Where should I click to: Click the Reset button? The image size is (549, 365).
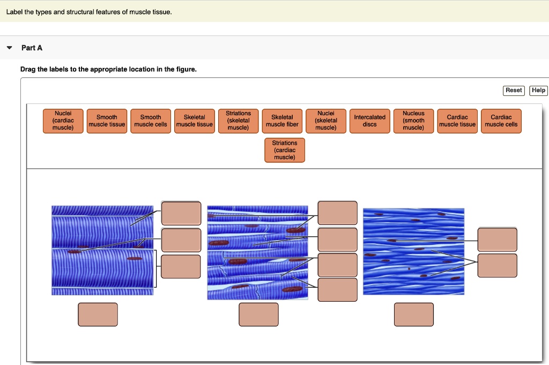click(x=514, y=91)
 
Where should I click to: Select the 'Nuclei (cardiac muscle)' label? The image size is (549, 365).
click(x=63, y=121)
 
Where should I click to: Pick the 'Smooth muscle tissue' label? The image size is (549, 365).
click(x=107, y=121)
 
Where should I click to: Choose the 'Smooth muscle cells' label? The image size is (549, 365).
click(x=151, y=121)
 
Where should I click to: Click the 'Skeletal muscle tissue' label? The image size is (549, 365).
click(x=195, y=121)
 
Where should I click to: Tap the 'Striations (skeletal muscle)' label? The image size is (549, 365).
click(x=239, y=121)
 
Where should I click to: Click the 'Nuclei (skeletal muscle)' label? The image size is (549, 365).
click(x=326, y=121)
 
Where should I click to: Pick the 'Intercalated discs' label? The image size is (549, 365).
click(x=370, y=121)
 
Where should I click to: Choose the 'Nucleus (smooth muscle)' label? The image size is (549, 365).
click(x=413, y=121)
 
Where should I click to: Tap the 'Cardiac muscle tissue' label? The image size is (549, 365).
click(x=457, y=121)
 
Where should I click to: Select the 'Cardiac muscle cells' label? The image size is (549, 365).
click(x=501, y=121)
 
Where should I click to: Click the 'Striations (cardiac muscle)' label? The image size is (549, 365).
click(x=285, y=150)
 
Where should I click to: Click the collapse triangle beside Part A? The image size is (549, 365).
click(x=9, y=48)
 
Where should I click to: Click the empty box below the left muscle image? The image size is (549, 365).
click(x=98, y=315)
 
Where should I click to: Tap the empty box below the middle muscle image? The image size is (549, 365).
click(x=259, y=315)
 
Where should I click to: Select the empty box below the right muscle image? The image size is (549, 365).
click(x=413, y=315)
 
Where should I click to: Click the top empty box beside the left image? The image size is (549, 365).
click(x=181, y=213)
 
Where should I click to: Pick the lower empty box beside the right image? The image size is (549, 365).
click(x=498, y=265)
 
